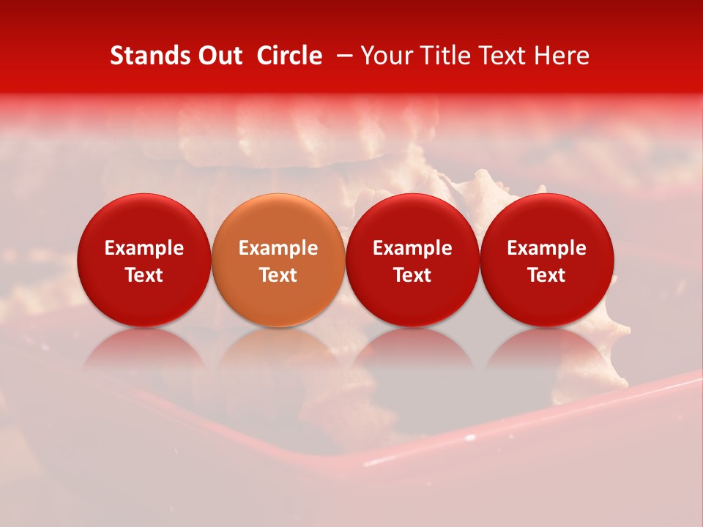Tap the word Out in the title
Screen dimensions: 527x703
pos(217,56)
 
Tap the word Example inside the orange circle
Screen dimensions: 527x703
pos(278,248)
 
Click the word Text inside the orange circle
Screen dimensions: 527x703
pos(278,275)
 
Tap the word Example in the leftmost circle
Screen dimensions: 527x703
pos(144,248)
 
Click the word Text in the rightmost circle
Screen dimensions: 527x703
pos(547,275)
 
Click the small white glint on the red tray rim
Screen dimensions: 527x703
pos(469,438)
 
